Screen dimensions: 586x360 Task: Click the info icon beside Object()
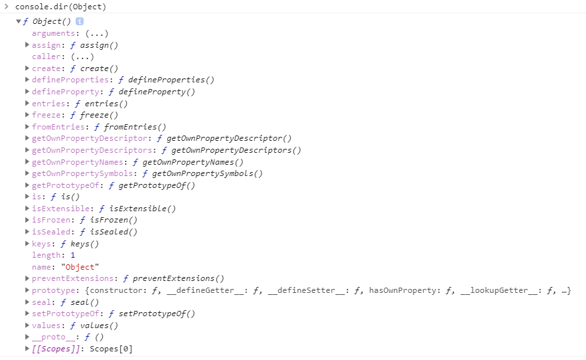coord(80,21)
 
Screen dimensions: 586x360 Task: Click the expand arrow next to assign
coord(27,45)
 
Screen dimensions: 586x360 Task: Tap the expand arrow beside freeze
coord(27,115)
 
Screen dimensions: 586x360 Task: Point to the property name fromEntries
coord(58,127)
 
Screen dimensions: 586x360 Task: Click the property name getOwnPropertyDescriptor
coord(89,138)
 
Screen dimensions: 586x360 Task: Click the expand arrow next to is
coord(27,197)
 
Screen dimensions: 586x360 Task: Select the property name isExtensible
coord(60,209)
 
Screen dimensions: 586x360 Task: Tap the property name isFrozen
coord(51,220)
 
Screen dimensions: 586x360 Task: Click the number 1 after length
coord(72,255)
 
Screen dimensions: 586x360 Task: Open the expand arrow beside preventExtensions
coord(27,278)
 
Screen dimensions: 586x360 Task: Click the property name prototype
coord(53,290)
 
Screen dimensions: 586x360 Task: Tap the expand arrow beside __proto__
coord(27,337)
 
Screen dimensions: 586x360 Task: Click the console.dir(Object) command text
coord(60,7)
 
